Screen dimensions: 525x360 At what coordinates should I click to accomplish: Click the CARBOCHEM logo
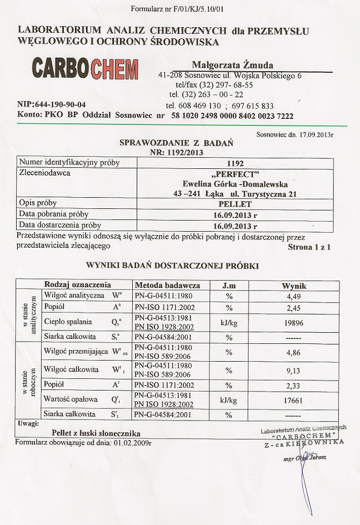coord(85,69)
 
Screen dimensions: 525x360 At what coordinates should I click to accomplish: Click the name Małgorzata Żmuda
coord(232,65)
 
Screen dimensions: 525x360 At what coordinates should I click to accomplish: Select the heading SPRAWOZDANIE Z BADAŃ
coord(177,143)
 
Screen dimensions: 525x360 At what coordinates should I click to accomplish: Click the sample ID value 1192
coord(236,163)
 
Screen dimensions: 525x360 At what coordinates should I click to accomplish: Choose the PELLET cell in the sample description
coord(235,203)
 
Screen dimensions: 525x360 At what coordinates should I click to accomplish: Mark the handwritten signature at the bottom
coord(303,467)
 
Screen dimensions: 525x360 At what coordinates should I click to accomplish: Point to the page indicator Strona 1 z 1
coord(309,247)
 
